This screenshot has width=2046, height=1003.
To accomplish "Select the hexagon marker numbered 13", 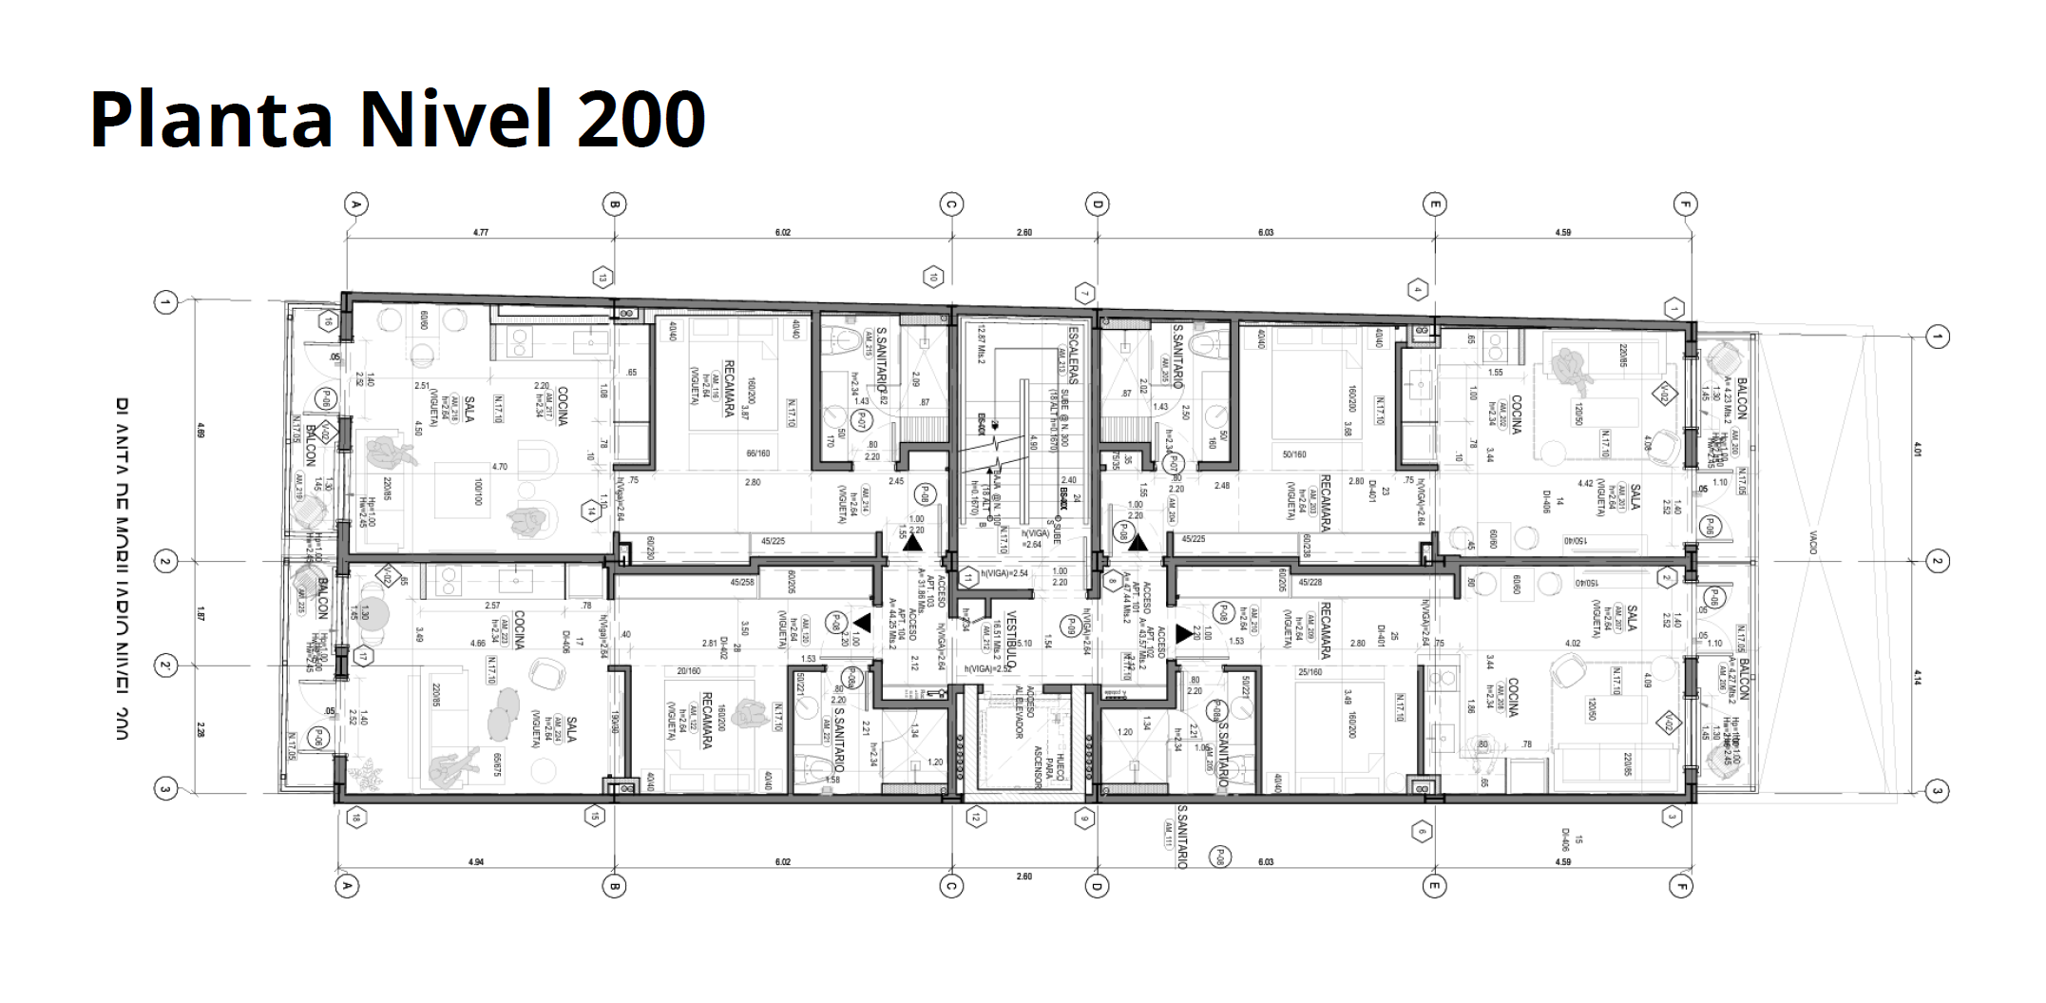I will point(602,279).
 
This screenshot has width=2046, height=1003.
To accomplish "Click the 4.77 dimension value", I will point(483,232).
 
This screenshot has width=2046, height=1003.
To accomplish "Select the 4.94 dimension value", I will point(476,862).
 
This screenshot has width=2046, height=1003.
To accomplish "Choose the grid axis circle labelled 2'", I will point(166,666).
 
